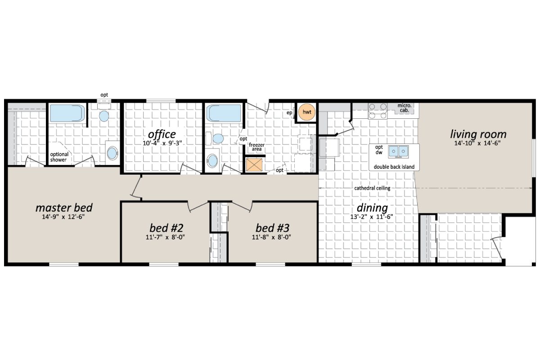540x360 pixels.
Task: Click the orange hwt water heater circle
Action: click(307, 112)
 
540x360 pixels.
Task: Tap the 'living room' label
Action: click(478, 134)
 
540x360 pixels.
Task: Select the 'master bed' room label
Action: click(64, 207)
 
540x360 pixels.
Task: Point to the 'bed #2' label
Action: click(166, 226)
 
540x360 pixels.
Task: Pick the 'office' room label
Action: click(162, 134)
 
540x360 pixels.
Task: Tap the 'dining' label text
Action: click(372, 208)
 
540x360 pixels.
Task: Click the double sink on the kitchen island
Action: click(398, 151)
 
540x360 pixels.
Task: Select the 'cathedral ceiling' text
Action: click(372, 188)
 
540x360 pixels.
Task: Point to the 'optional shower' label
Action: click(59, 157)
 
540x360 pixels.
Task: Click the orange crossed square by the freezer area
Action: click(255, 165)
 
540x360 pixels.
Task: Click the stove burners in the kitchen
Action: click(378, 111)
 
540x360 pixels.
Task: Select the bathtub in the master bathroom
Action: click(67, 113)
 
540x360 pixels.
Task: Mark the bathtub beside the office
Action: click(223, 113)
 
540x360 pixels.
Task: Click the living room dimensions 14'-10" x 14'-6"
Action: click(478, 144)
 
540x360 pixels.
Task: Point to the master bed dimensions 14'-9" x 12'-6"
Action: click(64, 217)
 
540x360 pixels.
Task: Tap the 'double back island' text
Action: click(394, 167)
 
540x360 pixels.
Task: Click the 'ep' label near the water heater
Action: click(290, 112)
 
